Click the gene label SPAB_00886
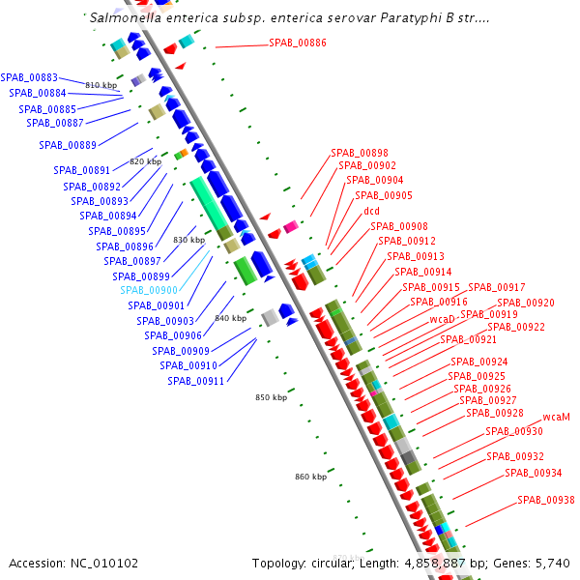pos(298,43)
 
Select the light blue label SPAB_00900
pos(149,290)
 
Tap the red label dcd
pos(371,211)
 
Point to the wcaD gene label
pos(442,319)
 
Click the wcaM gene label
pos(556,417)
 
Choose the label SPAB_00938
pos(545,500)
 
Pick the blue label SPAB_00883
pos(29,77)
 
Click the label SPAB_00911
pos(195,381)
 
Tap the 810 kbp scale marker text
pos(101,86)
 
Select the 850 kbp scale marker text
pos(272,397)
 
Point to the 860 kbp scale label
pos(310,477)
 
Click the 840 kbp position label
pos(230,318)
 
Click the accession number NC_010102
pos(105,563)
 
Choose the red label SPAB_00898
pos(360,153)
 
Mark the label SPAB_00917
pos(497,287)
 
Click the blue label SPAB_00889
pos(68,145)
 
